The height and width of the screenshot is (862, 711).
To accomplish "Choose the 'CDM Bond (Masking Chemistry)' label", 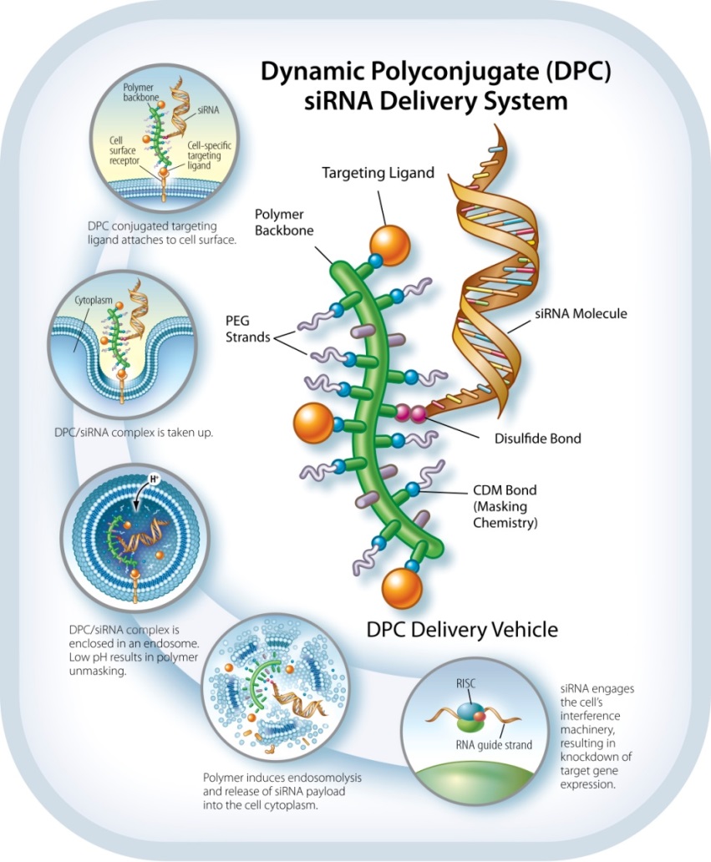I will tap(503, 509).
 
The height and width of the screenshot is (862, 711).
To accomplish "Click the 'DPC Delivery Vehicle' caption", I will tap(462, 628).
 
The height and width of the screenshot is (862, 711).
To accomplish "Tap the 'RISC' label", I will tap(465, 682).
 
